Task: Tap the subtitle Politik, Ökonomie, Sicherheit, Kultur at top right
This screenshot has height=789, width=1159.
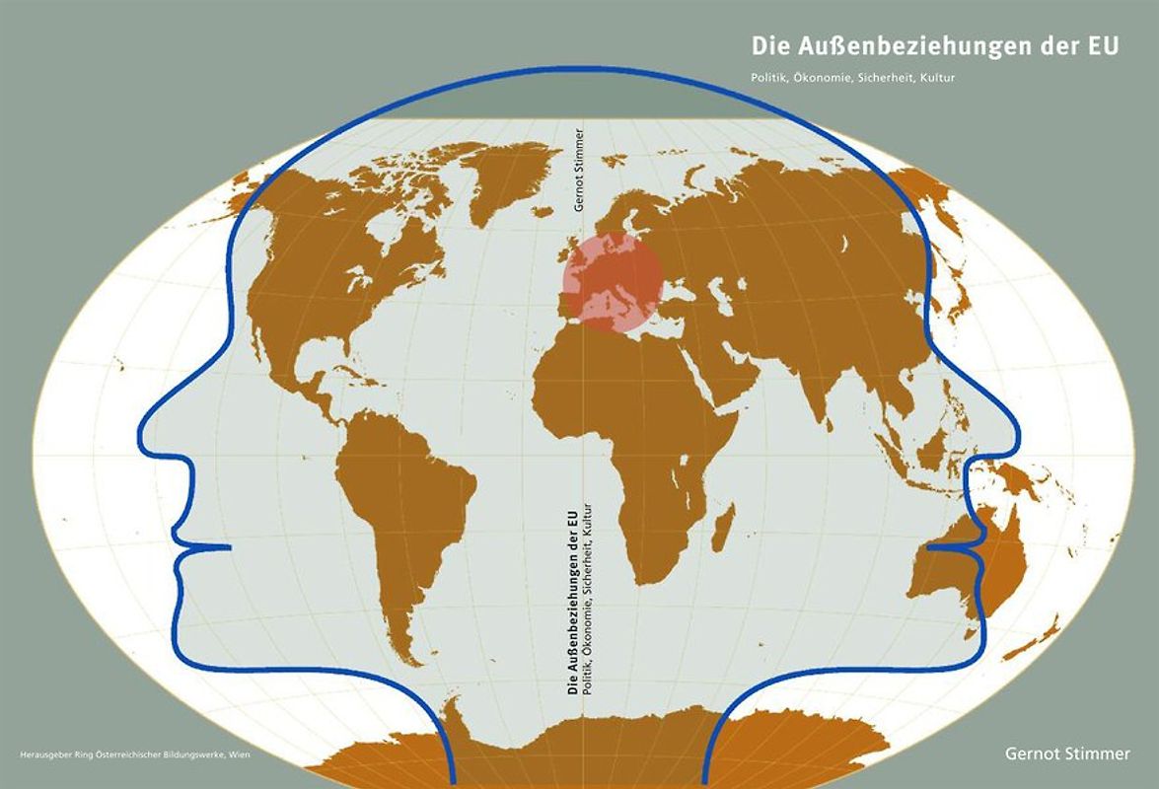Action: coord(853,76)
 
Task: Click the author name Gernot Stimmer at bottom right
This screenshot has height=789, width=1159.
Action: coord(1067,753)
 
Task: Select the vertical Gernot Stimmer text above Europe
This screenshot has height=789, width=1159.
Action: coord(579,170)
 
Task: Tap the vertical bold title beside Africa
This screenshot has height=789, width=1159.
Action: coord(572,604)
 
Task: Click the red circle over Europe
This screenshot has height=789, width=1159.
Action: coord(612,280)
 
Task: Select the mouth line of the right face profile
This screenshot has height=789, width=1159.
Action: coord(952,544)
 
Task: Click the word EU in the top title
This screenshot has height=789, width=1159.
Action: coord(1105,46)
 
